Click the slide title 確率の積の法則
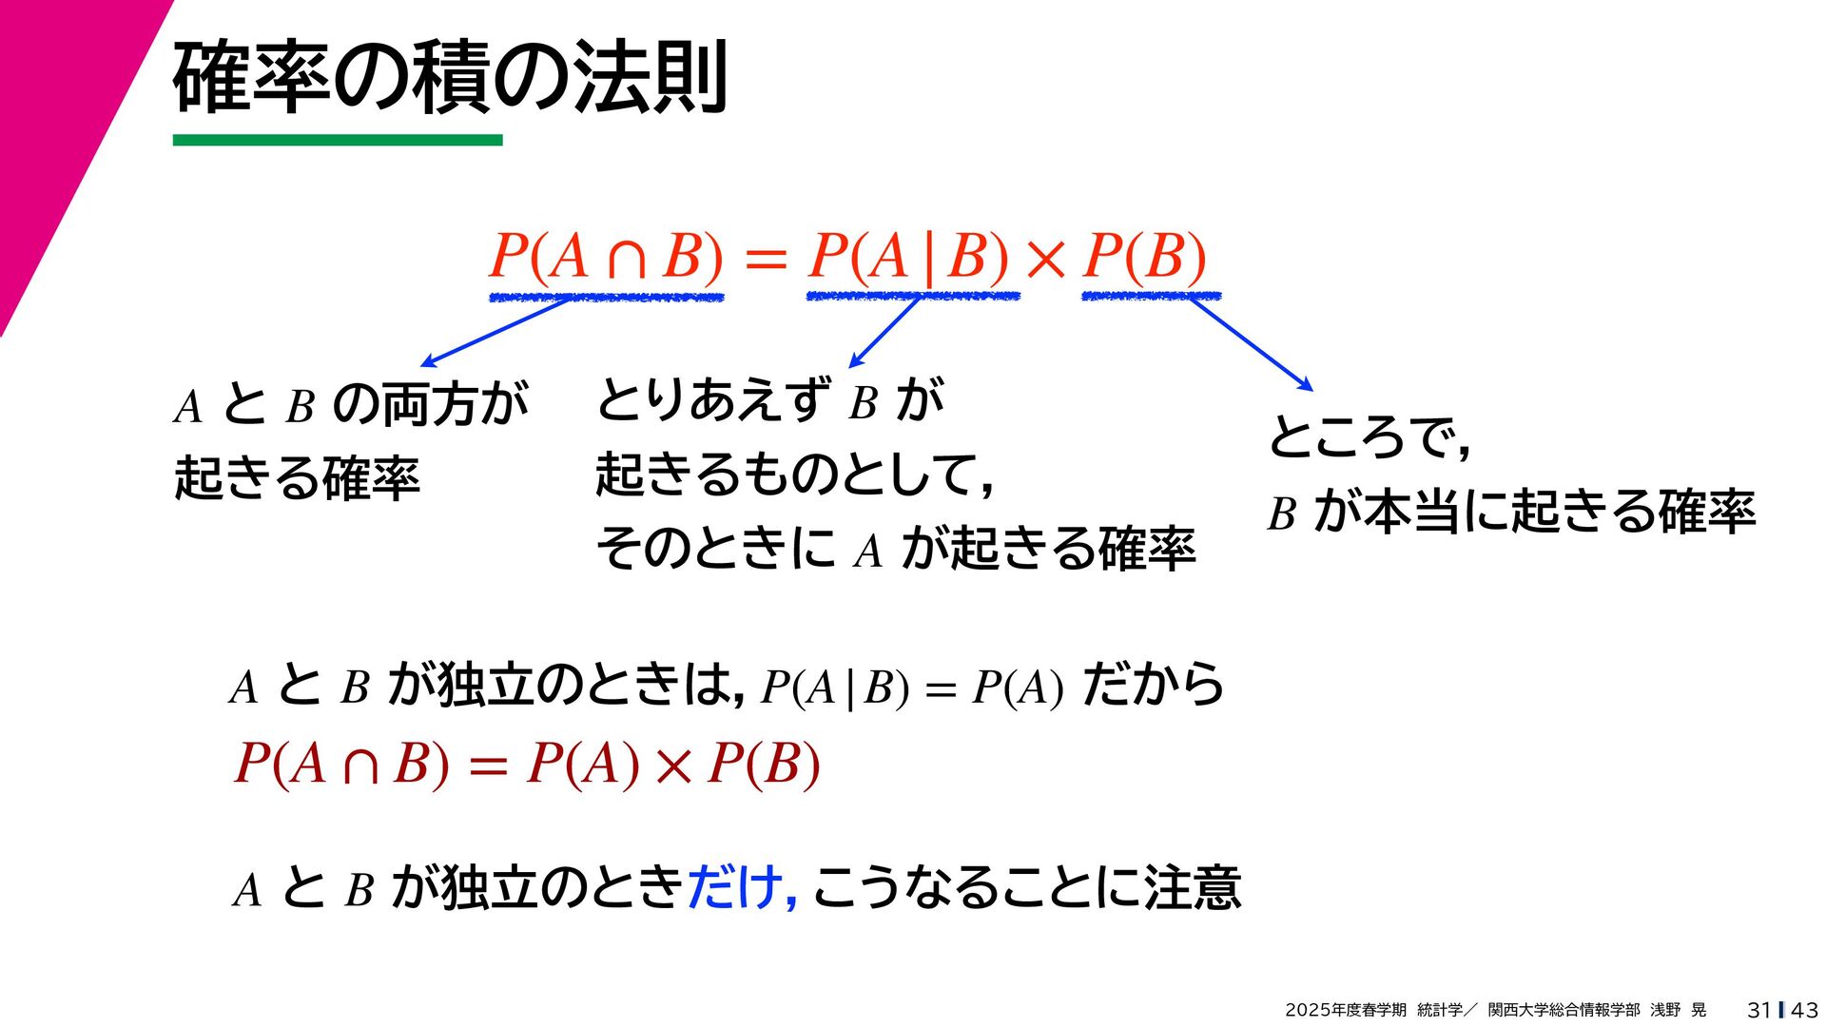(x=450, y=78)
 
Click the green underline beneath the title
(x=338, y=141)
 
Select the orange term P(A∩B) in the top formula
(x=606, y=257)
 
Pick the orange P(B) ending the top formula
(x=1144, y=257)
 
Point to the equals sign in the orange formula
(x=766, y=259)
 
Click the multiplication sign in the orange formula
(x=1045, y=259)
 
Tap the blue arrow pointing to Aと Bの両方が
(x=495, y=332)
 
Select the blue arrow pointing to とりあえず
(x=884, y=332)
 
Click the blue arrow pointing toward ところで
(x=1251, y=344)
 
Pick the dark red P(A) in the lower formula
(x=583, y=764)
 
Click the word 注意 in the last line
(x=1193, y=887)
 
